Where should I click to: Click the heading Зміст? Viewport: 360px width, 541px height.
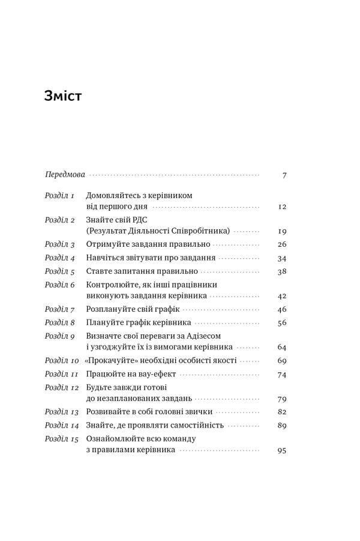63,96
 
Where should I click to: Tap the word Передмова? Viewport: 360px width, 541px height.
65,175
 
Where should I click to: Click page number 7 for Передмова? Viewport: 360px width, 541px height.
284,175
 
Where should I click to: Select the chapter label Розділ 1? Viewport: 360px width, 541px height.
59,196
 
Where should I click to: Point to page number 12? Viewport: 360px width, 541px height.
283,207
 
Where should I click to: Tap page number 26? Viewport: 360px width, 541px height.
283,244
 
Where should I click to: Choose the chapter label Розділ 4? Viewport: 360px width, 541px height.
59,258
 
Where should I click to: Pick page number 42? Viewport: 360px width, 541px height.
283,296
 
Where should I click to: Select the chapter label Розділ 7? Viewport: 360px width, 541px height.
59,309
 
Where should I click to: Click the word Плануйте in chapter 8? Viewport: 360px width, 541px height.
105,322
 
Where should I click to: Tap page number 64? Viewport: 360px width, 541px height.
283,348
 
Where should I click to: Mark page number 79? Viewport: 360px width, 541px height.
283,399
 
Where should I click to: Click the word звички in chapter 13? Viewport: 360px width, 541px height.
196,412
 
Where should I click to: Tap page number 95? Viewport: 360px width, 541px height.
283,450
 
